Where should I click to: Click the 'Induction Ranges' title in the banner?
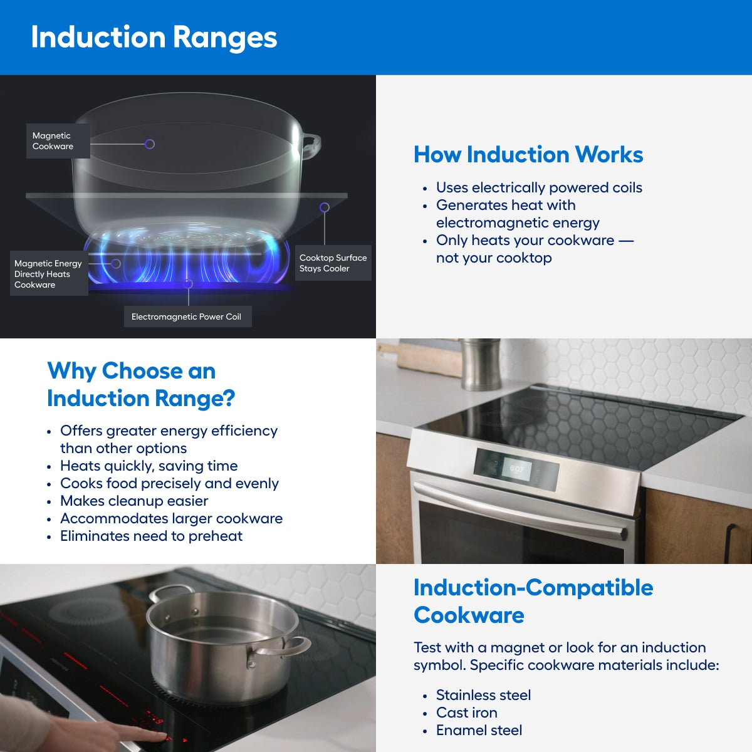point(154,37)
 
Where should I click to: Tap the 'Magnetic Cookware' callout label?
point(53,141)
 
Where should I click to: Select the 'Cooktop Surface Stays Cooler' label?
point(333,263)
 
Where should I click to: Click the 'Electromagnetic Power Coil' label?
point(186,316)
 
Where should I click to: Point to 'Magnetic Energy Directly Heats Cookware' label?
point(48,274)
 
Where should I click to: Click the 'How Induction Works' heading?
point(528,154)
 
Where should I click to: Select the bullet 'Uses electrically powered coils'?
point(538,187)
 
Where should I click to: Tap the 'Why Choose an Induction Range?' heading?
point(140,384)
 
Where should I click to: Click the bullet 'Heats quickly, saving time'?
point(149,466)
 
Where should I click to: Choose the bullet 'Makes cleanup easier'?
point(133,501)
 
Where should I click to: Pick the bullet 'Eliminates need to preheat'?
point(151,536)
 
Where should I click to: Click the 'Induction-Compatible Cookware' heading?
point(533,601)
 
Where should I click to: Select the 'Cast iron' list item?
point(466,713)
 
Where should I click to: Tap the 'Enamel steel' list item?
point(479,730)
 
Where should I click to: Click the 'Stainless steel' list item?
point(483,695)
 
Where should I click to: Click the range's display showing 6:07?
point(517,469)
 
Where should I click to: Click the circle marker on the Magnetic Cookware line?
point(150,144)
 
